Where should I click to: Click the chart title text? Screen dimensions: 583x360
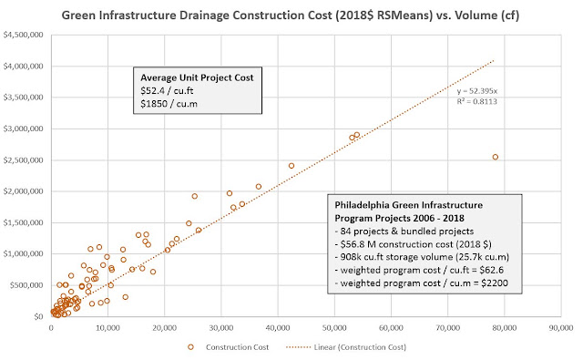pos(290,15)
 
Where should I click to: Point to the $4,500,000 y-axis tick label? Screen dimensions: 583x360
pos(23,35)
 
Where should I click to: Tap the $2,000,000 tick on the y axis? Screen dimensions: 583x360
pos(23,191)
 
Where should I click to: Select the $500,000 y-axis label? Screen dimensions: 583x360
pos(26,285)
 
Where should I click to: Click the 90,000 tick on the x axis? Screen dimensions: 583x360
pos(561,327)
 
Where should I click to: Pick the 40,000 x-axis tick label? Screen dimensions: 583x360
pos(278,327)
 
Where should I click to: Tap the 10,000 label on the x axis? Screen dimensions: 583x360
pos(107,327)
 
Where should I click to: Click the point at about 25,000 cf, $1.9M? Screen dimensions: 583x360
pos(194,196)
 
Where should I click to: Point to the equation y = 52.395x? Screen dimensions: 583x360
pos(477,91)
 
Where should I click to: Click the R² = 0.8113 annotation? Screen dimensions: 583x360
pos(477,101)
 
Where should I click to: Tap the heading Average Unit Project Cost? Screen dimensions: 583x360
pos(197,77)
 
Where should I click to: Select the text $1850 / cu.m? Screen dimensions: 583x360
pos(169,104)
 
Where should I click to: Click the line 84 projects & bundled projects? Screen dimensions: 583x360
pos(404,231)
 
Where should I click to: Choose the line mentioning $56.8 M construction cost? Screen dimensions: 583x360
pos(413,244)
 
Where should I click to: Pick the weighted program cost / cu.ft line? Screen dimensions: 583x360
pos(419,270)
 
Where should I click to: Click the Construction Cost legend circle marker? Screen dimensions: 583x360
pos(190,347)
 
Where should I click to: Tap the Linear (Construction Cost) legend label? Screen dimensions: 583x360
pos(360,347)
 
